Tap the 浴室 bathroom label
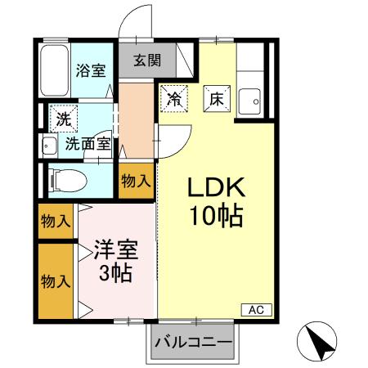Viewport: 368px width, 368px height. (x=91, y=70)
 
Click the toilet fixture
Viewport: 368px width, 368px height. (x=66, y=179)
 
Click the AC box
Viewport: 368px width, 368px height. (x=254, y=310)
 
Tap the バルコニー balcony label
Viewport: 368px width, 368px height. (x=192, y=342)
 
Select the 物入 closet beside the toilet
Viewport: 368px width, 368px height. (x=136, y=180)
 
